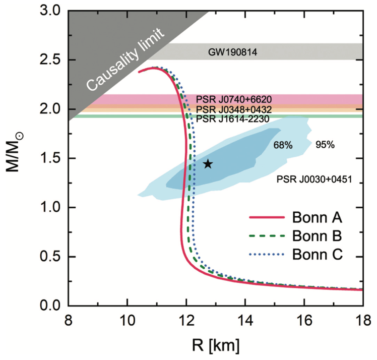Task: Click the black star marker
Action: pos(208,164)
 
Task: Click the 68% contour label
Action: pos(283,145)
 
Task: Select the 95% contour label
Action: pos(325,145)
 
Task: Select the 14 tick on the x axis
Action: pos(245,319)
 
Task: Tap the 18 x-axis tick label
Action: pos(362,319)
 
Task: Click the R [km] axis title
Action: pos(215,346)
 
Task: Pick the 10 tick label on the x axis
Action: pos(127,319)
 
